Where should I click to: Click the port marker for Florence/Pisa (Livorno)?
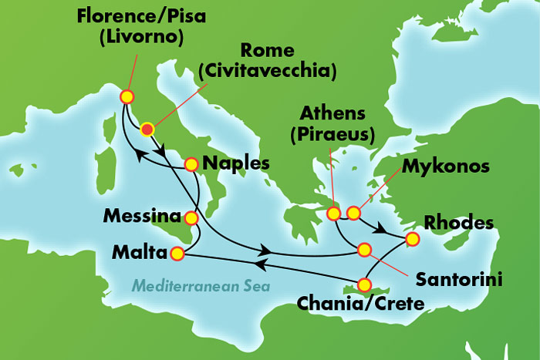click(127, 97)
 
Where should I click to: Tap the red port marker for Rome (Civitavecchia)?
click(147, 130)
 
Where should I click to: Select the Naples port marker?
click(191, 163)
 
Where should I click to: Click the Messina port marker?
click(192, 219)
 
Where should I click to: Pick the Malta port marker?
click(177, 253)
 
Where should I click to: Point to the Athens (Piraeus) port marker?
click(334, 213)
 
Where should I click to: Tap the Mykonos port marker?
click(354, 213)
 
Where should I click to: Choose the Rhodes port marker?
click(413, 241)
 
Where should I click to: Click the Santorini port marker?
click(363, 249)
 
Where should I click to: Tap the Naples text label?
click(235, 163)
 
